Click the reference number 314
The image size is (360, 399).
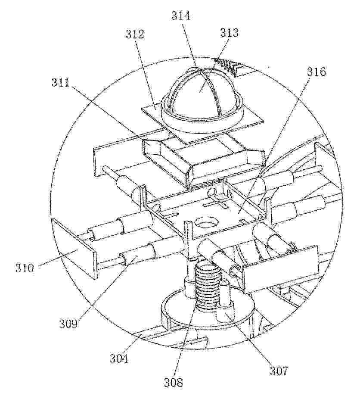tap(181, 16)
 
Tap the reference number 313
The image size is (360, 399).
tap(229, 33)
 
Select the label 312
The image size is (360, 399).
tap(135, 34)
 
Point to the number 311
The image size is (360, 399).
tap(61, 83)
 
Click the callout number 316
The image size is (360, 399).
tap(316, 72)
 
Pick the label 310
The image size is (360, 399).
tap(25, 268)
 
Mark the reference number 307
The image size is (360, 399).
tap(279, 371)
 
